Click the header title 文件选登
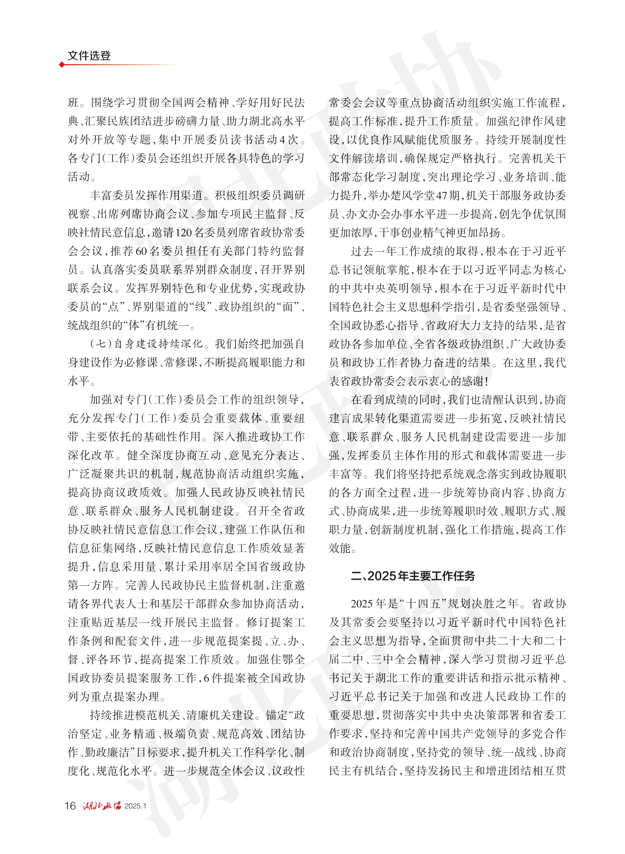(x=89, y=56)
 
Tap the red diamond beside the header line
(x=61, y=65)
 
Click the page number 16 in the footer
(x=70, y=805)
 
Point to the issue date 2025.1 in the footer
(x=135, y=806)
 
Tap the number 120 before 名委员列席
(x=183, y=233)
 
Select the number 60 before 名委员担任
(x=141, y=251)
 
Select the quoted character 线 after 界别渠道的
(x=200, y=307)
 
